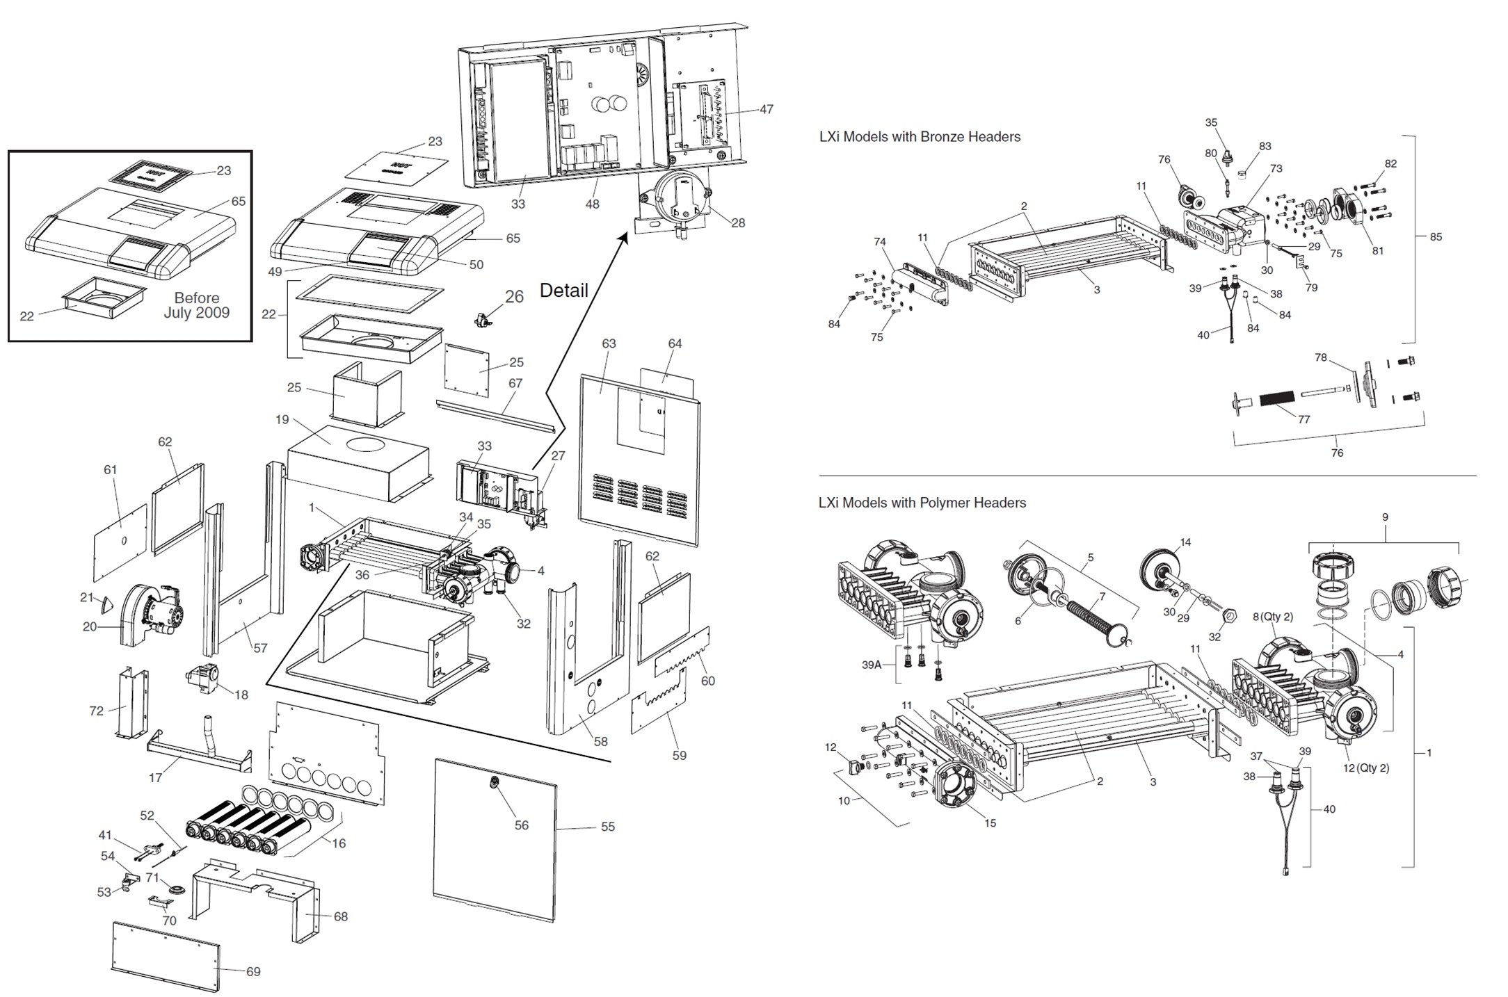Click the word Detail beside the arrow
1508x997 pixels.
click(x=563, y=290)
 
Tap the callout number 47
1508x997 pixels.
click(x=766, y=109)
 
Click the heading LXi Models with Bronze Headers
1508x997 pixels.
click(x=920, y=137)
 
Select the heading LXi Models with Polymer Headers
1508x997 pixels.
click(x=922, y=503)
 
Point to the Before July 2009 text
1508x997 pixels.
click(x=197, y=305)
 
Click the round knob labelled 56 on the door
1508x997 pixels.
click(x=495, y=783)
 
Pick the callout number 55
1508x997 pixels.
click(x=608, y=827)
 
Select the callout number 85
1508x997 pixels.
click(x=1436, y=236)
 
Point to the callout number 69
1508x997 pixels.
click(x=253, y=971)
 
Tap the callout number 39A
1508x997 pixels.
click(x=872, y=665)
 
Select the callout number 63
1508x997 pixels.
click(x=609, y=343)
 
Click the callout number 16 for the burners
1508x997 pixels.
click(x=338, y=843)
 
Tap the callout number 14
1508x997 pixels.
click(x=1185, y=542)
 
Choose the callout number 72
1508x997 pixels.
click(x=96, y=711)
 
